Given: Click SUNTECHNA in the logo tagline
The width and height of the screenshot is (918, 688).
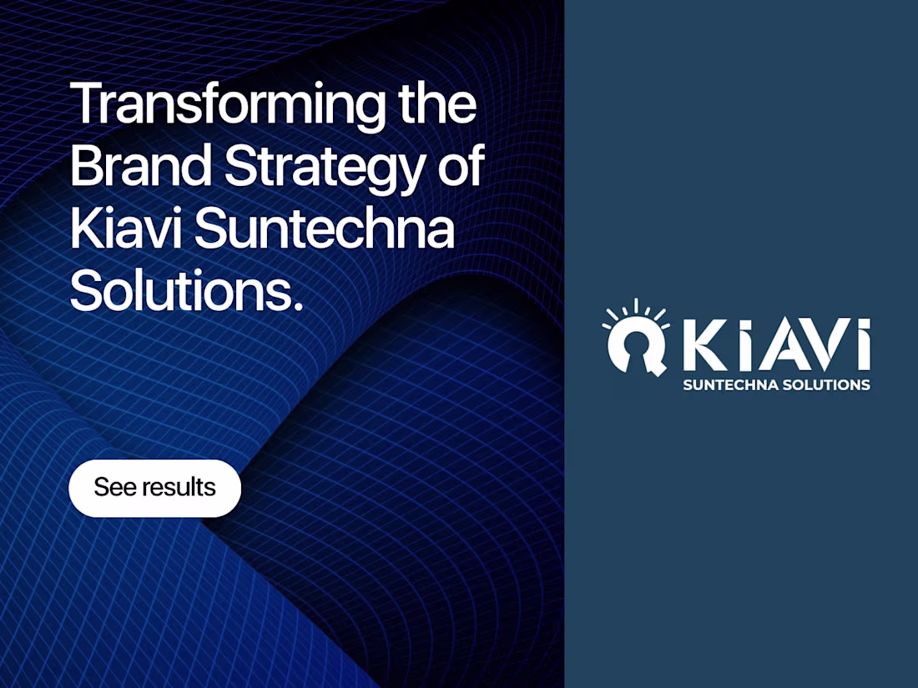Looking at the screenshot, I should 729,385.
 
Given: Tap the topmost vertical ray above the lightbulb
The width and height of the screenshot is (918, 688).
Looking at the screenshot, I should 636,305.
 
